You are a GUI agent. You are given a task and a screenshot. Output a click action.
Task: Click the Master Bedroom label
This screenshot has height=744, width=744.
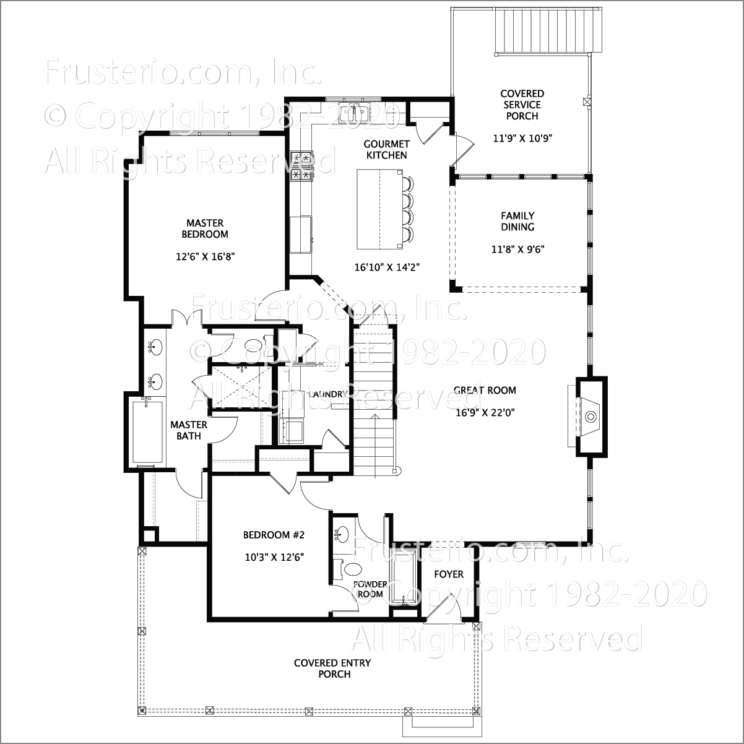pyautogui.click(x=205, y=228)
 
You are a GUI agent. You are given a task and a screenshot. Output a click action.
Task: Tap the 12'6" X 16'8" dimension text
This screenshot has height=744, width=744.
pyautogui.click(x=205, y=256)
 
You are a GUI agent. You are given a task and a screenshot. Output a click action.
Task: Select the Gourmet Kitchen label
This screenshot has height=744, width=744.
pyautogui.click(x=386, y=149)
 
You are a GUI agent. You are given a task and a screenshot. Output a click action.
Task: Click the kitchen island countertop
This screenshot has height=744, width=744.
pyautogui.click(x=378, y=208)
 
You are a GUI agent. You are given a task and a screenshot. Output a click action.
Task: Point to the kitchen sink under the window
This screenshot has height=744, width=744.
pyautogui.click(x=354, y=113)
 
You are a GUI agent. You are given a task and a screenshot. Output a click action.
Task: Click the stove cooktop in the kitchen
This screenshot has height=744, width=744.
pyautogui.click(x=302, y=167)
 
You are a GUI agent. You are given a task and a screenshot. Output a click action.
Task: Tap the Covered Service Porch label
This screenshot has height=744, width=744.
pyautogui.click(x=522, y=105)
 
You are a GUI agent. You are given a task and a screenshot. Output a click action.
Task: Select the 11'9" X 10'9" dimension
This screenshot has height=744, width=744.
pyautogui.click(x=522, y=138)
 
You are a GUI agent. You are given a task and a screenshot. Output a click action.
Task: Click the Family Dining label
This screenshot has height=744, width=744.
pyautogui.click(x=517, y=221)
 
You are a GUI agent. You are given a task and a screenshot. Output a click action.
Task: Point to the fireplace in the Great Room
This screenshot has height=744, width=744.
pyautogui.click(x=588, y=416)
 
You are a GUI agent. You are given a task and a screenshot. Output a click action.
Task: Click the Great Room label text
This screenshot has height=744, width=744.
pyautogui.click(x=485, y=391)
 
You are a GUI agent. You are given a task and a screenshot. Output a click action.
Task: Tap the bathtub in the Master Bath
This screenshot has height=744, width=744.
pyautogui.click(x=147, y=432)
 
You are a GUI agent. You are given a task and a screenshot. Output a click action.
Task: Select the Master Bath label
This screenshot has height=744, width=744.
pyautogui.click(x=189, y=430)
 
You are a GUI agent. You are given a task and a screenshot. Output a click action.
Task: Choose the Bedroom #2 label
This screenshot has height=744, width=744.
pyautogui.click(x=274, y=535)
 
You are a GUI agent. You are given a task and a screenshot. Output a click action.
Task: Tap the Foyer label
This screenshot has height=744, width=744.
pyautogui.click(x=448, y=574)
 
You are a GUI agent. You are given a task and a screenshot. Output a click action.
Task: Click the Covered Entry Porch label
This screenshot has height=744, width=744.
pyautogui.click(x=333, y=668)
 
